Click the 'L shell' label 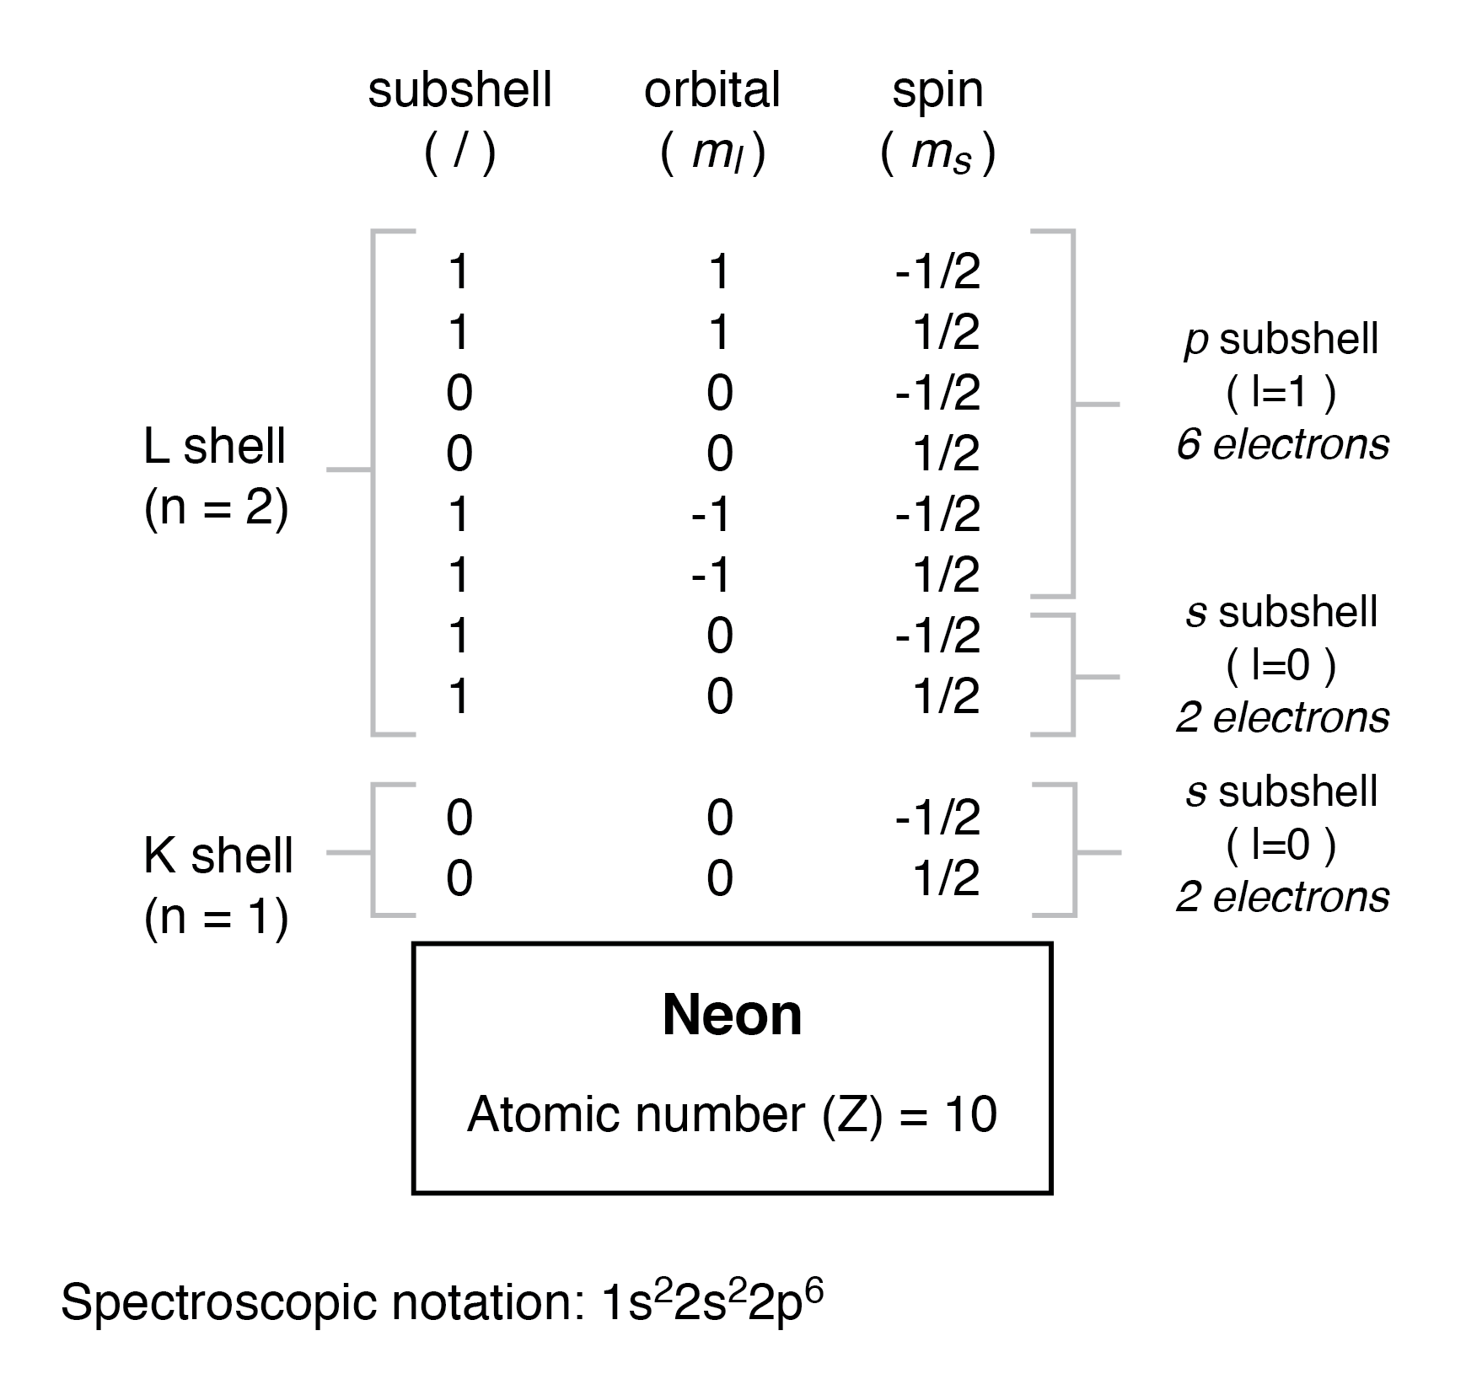click(x=215, y=446)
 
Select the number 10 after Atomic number click(x=970, y=1114)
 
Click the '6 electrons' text click(x=1282, y=444)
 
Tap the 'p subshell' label click(x=1281, y=339)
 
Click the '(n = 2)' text click(x=217, y=508)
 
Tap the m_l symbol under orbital click(x=716, y=154)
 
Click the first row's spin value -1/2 click(x=937, y=272)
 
